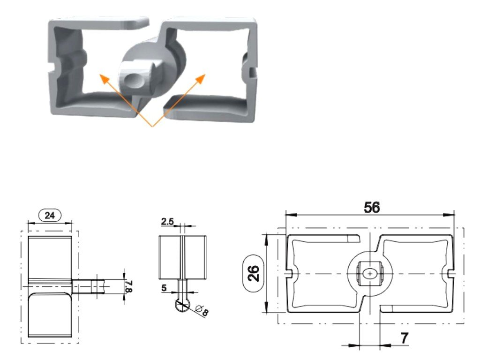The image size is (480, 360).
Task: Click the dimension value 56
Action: [372, 207]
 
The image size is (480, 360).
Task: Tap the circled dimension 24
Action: [50, 216]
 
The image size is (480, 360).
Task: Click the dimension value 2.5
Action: [167, 221]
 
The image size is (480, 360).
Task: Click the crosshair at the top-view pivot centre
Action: [370, 272]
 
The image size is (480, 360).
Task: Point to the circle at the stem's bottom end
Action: [181, 305]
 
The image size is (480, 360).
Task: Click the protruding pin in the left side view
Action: [89, 285]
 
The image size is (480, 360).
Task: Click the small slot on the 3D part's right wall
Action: [253, 72]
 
